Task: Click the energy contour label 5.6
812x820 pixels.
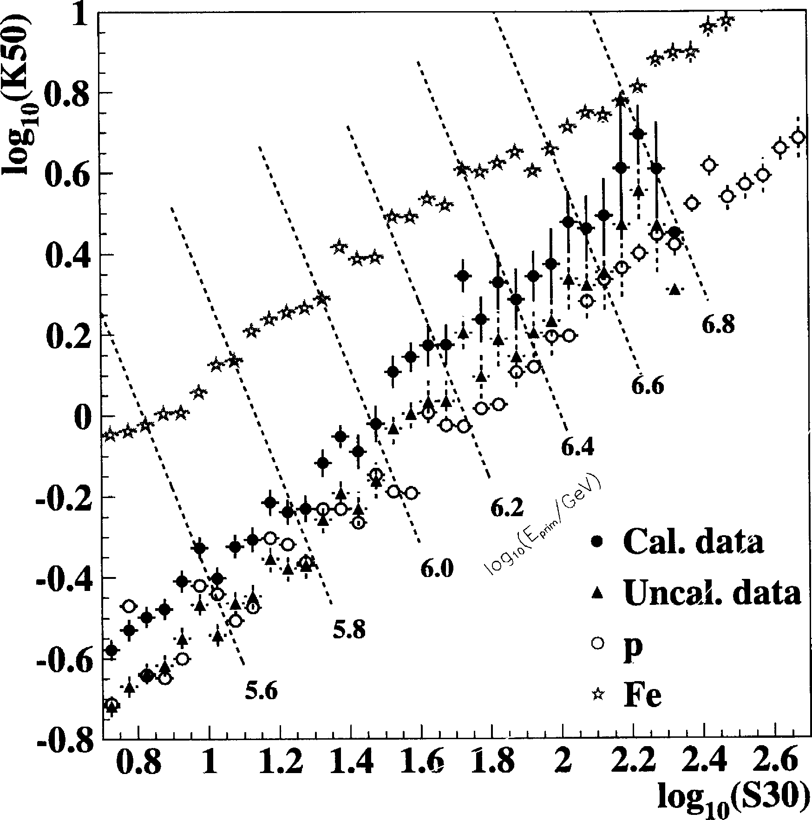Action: point(261,691)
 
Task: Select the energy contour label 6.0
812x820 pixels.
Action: point(437,569)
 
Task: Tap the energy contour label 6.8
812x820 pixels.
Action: point(718,325)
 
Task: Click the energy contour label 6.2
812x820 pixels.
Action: point(507,508)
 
